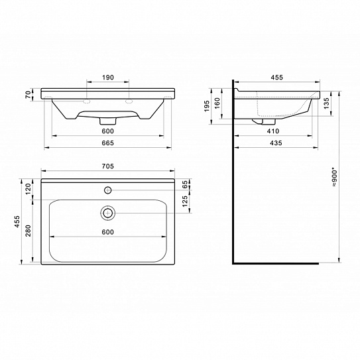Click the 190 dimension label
coord(108,78)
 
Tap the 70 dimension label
coord(28,94)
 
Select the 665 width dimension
coord(107,143)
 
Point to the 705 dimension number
coord(107,166)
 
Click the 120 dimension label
coord(28,189)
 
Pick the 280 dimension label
coord(28,231)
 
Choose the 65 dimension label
coord(185,184)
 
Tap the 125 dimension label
coord(185,201)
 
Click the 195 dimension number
coord(207,106)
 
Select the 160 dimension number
coord(217,103)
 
